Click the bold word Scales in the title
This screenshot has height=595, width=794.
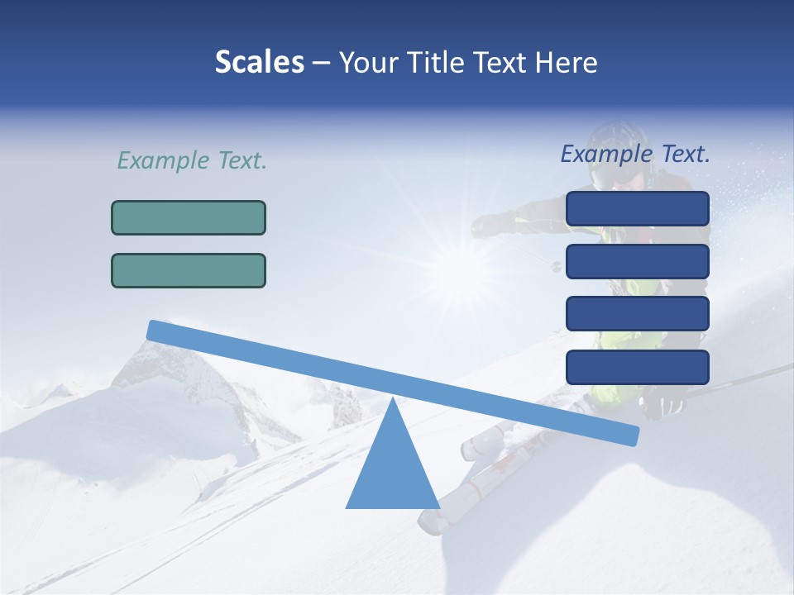tap(259, 62)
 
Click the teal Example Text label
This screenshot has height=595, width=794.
tap(192, 160)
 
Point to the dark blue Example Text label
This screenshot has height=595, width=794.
tap(635, 154)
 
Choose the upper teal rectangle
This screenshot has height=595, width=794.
tap(189, 217)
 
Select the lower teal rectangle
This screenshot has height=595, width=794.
tap(189, 270)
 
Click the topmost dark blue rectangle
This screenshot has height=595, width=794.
tap(637, 208)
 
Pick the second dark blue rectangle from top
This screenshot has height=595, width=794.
tap(637, 261)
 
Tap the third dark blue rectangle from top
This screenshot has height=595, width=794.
tap(637, 313)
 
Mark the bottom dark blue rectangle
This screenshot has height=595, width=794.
tap(637, 367)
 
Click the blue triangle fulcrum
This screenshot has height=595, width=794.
tap(392, 471)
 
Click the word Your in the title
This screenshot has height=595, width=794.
tap(368, 62)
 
